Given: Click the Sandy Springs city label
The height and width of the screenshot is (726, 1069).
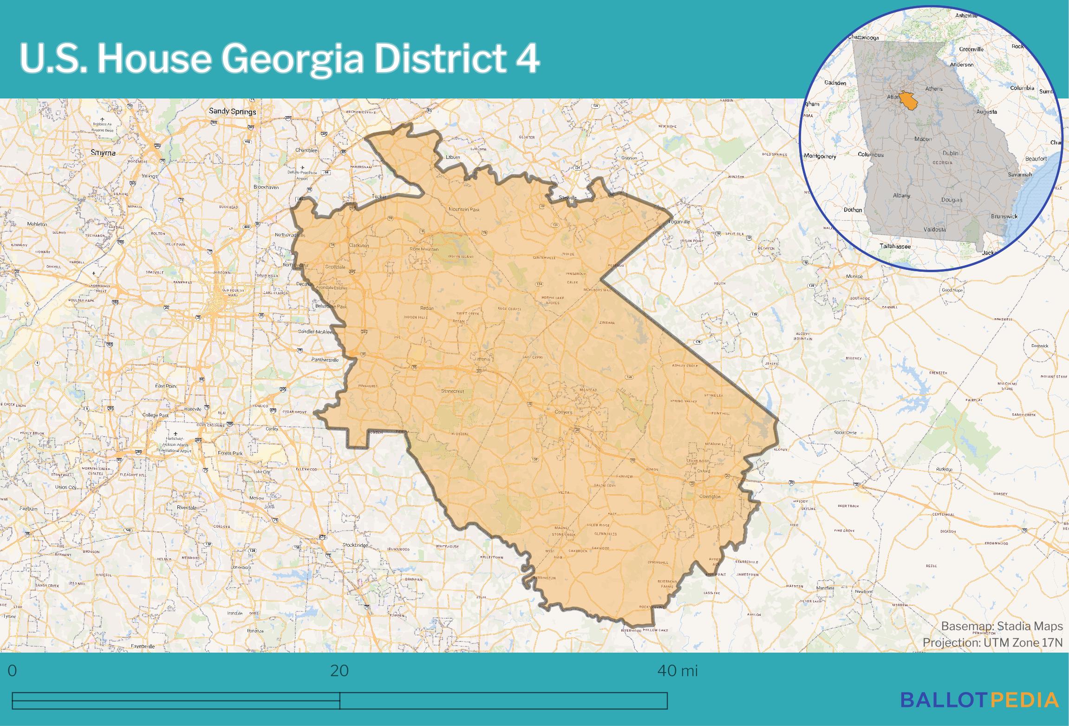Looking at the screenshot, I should click(x=232, y=111).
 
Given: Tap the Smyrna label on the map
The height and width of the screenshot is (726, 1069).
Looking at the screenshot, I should click(x=103, y=152).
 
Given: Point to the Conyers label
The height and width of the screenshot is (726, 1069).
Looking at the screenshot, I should click(x=564, y=412).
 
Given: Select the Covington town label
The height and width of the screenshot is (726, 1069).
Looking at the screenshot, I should click(x=710, y=497).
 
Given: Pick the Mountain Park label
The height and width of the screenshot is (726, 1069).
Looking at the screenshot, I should click(x=463, y=209).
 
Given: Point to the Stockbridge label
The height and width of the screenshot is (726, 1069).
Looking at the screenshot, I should click(x=355, y=545).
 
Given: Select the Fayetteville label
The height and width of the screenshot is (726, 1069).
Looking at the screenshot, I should click(x=143, y=646).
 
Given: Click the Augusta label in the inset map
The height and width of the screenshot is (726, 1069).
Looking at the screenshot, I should click(x=986, y=112).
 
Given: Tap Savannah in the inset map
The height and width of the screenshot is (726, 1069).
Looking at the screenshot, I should click(x=1020, y=175).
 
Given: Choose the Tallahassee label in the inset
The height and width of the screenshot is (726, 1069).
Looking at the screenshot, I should click(x=895, y=247).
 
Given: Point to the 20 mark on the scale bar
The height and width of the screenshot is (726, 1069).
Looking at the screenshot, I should click(x=339, y=671).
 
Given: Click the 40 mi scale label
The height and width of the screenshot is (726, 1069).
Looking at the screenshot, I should click(x=677, y=671).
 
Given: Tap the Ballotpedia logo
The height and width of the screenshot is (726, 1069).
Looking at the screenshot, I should click(x=979, y=700).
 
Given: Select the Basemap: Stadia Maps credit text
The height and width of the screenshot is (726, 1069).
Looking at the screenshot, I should click(x=1002, y=627).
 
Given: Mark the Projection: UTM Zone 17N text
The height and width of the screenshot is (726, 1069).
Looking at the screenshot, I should click(x=992, y=642).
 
